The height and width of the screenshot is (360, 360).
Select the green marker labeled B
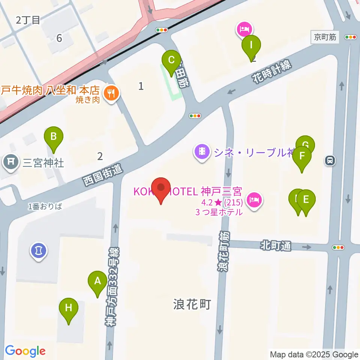54,136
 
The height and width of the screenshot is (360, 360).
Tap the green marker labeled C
171,60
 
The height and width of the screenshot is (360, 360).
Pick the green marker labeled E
306,199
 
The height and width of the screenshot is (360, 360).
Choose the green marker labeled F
302,156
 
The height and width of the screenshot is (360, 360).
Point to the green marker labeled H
69,308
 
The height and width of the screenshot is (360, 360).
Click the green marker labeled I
252,45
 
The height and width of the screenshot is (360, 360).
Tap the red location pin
161,187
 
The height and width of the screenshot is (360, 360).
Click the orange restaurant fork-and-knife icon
110,92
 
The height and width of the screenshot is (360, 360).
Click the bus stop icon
330,161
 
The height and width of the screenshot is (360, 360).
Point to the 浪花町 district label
192,304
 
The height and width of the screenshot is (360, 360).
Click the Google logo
25,351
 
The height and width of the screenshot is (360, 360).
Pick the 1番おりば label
45,206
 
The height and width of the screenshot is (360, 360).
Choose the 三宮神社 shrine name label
43,163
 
